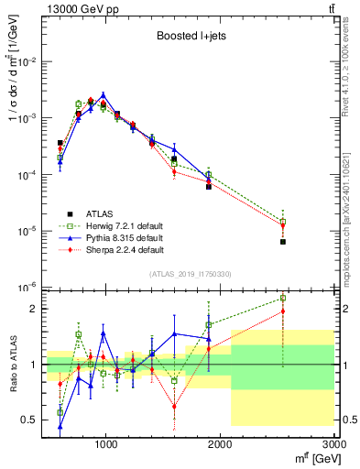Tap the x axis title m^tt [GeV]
click(x=311, y=457)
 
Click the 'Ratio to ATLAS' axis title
click(x=11, y=364)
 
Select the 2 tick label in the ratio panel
click(x=34, y=309)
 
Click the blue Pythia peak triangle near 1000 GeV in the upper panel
click(x=104, y=94)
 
